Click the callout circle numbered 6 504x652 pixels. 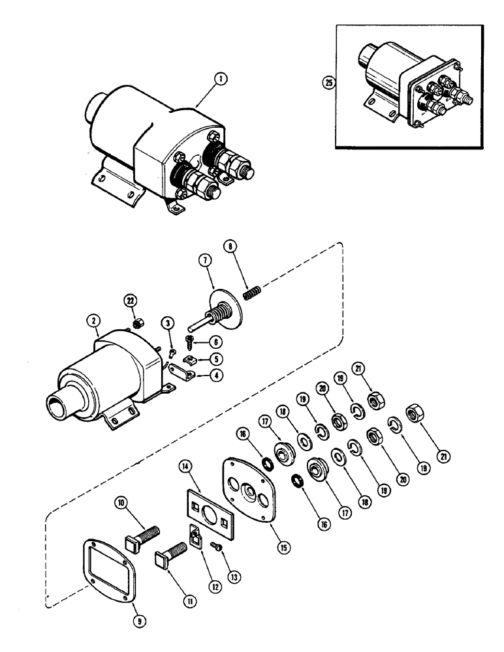(215, 342)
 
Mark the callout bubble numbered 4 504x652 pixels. (215, 375)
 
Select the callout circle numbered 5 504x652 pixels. (215, 359)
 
